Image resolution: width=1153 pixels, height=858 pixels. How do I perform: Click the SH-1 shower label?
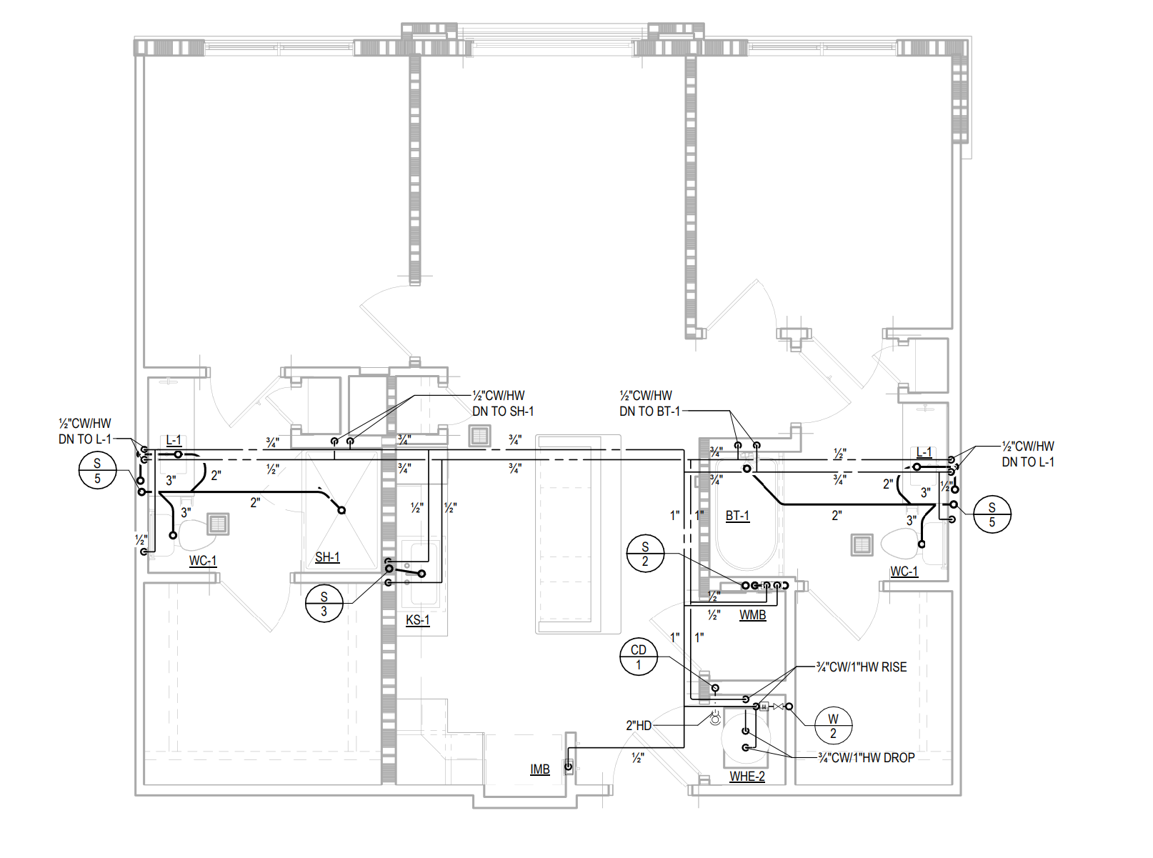(327, 557)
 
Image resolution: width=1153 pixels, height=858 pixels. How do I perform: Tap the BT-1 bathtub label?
(737, 516)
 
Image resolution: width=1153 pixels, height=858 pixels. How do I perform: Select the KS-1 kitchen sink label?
(417, 620)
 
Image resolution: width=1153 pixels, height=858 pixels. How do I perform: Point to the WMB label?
(752, 614)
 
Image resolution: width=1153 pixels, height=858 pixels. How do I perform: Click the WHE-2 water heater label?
(747, 777)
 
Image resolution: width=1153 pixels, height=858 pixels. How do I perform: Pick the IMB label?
(539, 769)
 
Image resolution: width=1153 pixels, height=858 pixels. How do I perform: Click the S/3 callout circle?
(324, 603)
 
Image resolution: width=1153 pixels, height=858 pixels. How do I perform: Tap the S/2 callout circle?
(645, 553)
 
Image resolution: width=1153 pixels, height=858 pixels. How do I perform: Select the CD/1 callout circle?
(639, 657)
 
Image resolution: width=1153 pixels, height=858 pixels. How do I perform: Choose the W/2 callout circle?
(833, 726)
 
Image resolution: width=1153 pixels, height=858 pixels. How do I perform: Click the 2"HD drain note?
(639, 725)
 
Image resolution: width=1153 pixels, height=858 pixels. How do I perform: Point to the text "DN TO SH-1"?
(503, 411)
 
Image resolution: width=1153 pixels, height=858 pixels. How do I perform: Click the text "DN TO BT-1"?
(649, 411)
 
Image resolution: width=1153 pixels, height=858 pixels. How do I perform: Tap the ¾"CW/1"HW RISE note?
(862, 667)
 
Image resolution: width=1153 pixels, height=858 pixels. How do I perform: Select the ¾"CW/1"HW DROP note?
(866, 758)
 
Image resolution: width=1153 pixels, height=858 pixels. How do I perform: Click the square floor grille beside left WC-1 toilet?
(218, 524)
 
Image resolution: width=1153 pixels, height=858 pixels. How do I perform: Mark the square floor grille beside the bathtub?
(862, 545)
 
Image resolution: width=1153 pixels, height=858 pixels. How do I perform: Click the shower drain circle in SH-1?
(341, 510)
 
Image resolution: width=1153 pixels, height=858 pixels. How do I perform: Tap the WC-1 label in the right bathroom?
(904, 572)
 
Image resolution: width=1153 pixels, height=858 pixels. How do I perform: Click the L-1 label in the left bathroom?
(174, 441)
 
